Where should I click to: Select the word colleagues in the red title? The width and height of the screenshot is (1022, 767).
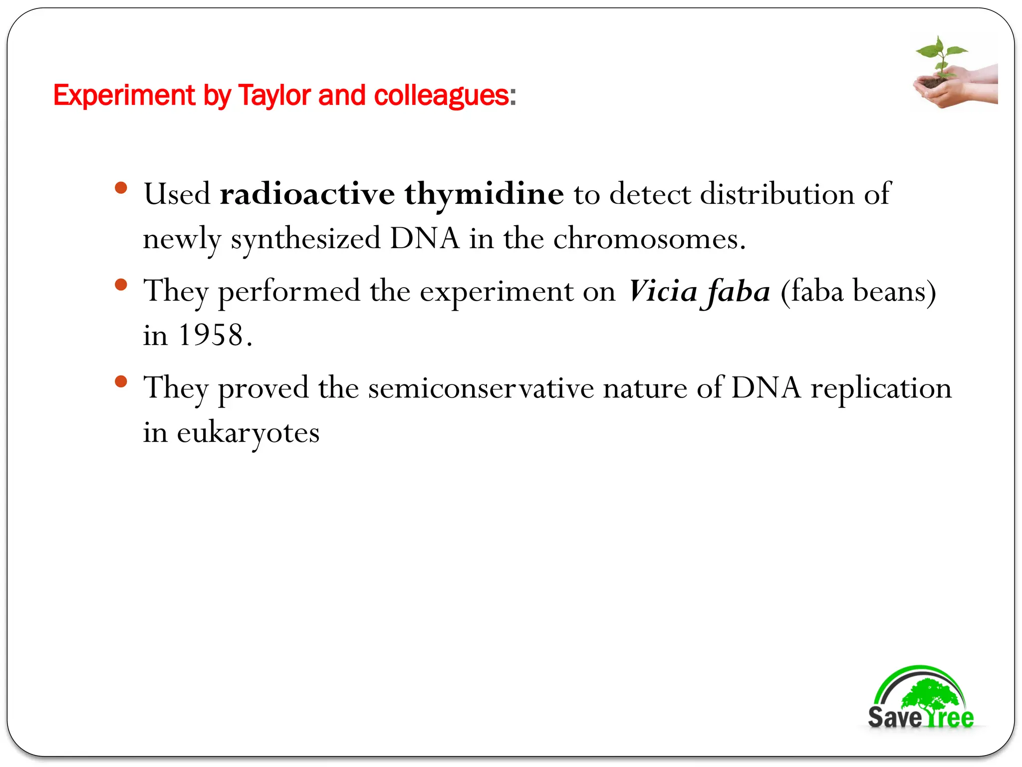(x=441, y=96)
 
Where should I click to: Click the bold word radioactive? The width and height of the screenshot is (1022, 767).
(x=307, y=194)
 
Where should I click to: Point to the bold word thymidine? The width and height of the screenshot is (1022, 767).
(x=484, y=195)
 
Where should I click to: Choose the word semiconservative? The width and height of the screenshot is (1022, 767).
(x=481, y=388)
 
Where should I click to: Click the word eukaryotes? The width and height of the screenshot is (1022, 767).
(x=248, y=433)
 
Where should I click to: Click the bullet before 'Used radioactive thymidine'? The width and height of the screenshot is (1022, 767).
(x=121, y=188)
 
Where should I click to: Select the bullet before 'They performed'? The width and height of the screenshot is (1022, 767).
(x=121, y=285)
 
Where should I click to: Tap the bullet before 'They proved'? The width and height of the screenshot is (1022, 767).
(x=121, y=382)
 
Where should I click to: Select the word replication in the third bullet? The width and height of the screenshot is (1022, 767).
(x=881, y=388)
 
